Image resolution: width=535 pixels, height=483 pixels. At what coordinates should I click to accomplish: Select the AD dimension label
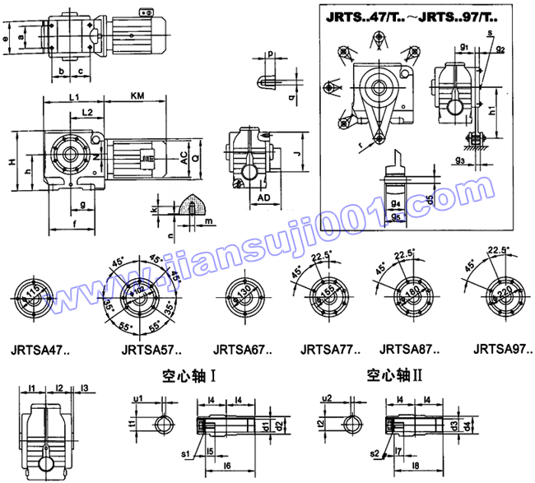265,198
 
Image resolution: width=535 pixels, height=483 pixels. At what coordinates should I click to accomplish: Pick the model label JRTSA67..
244,348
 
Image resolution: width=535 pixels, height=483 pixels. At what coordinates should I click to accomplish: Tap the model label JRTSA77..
332,348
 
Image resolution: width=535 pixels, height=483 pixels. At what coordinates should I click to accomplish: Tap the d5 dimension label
430,200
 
